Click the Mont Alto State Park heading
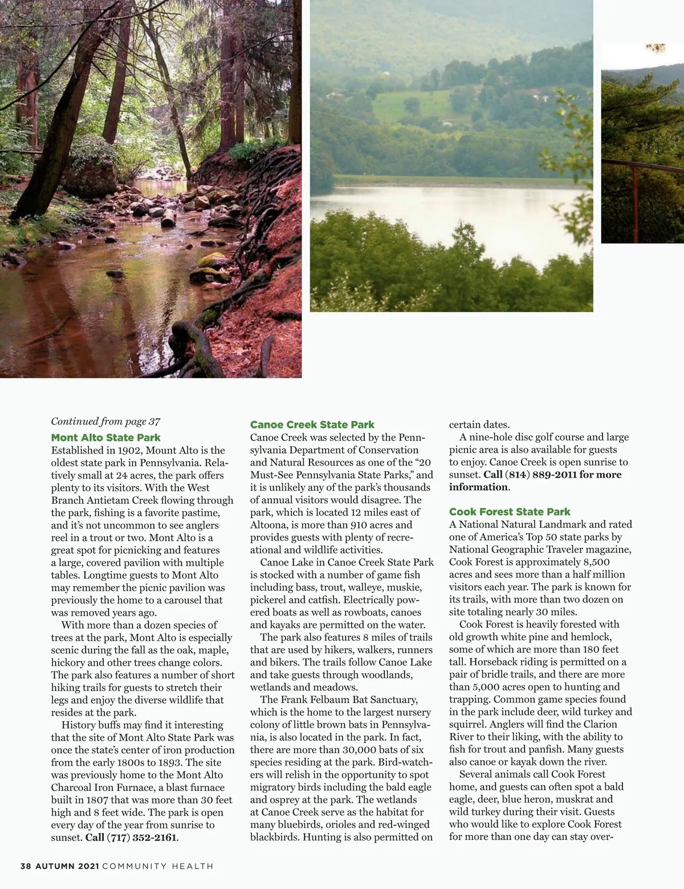[x=105, y=438]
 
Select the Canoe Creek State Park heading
[x=312, y=425]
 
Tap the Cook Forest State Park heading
[x=510, y=512]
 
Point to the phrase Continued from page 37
[x=105, y=422]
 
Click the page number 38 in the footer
[x=26, y=866]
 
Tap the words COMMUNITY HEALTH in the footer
[x=158, y=866]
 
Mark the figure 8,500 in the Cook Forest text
[x=591, y=562]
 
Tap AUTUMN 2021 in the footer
[x=67, y=866]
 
